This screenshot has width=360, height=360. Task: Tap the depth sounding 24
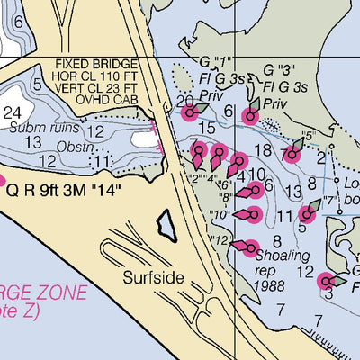[x=13, y=112]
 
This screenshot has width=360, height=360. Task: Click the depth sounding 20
[x=185, y=101]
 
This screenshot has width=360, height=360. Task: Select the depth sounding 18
[x=264, y=149]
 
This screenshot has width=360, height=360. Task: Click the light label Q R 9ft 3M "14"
[x=63, y=191]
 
